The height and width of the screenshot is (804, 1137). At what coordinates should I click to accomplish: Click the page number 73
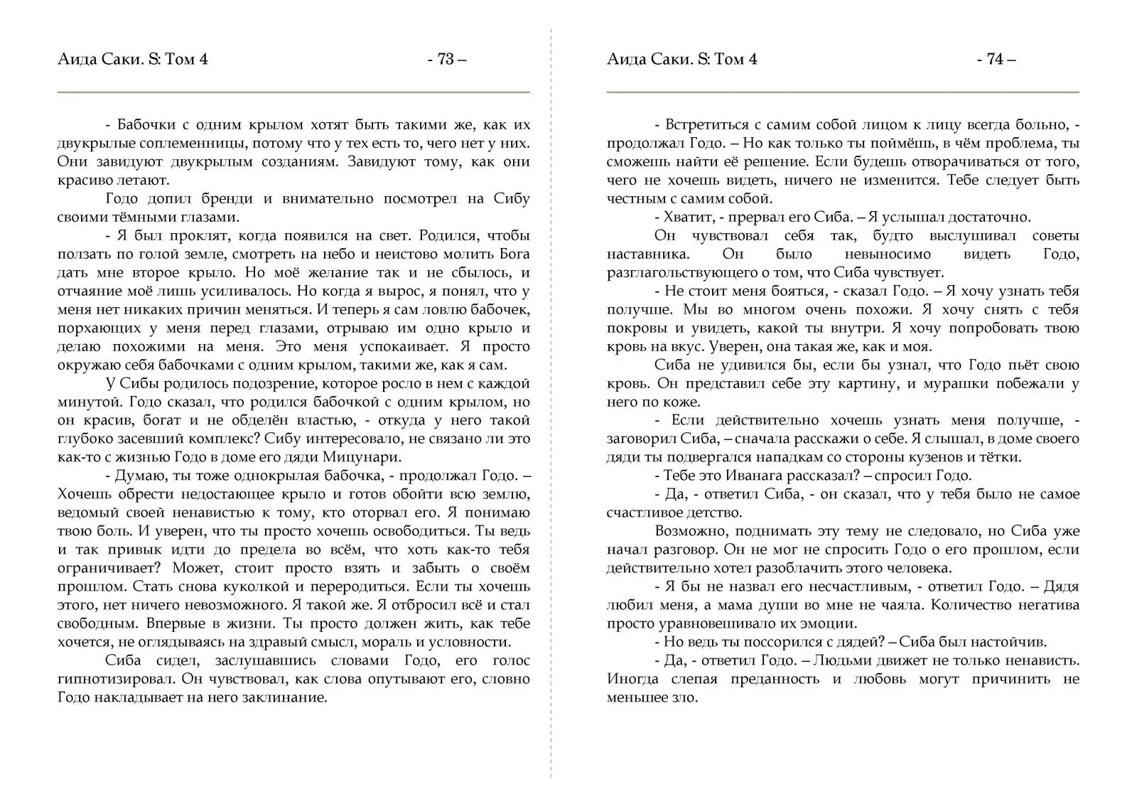point(446,59)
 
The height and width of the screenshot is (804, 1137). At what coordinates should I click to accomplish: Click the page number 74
point(996,59)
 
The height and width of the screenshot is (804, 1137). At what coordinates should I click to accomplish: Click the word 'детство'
point(716,513)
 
